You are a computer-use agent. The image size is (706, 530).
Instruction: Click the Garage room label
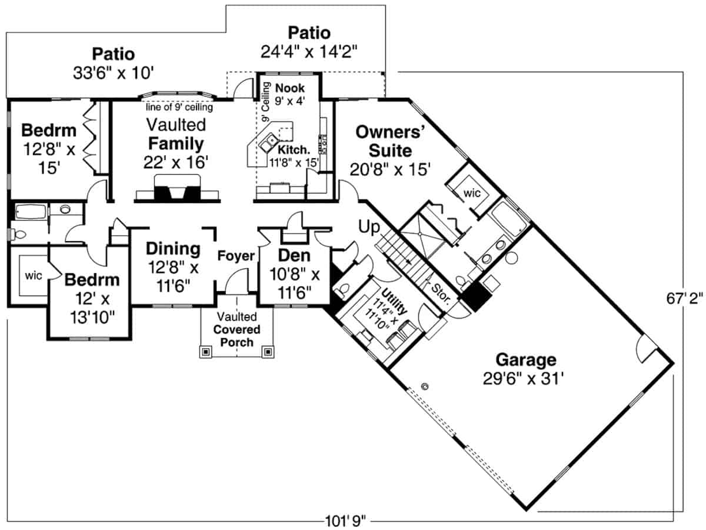525,359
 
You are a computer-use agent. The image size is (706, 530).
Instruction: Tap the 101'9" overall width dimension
345,521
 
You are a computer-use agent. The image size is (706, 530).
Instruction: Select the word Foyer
236,256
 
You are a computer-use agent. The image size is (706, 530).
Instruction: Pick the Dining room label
173,248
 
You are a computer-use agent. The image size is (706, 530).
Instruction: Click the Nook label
290,88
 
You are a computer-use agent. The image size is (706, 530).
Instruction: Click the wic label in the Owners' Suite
472,192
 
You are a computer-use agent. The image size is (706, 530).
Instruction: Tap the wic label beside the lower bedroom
34,275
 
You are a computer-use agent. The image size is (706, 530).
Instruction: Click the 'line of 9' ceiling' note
179,107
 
